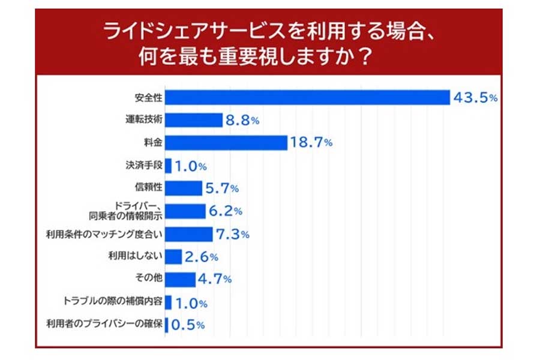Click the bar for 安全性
point(307,97)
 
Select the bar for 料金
point(226,143)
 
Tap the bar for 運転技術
point(194,120)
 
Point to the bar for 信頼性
point(184,188)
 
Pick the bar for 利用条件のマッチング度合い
point(189,234)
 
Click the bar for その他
point(180,280)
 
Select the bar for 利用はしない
point(173,257)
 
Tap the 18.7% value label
point(311,143)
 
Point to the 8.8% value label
point(242,120)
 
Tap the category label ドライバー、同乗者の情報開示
point(130,211)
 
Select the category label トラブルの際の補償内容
point(113,302)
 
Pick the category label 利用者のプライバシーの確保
point(104,325)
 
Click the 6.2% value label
point(225,211)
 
